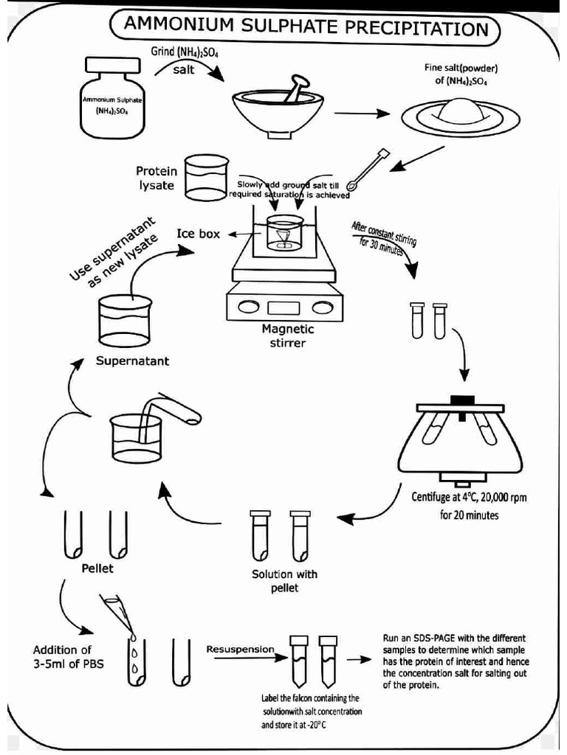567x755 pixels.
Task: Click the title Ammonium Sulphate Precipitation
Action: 305,29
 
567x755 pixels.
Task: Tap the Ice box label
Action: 198,234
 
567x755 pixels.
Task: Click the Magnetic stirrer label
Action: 287,336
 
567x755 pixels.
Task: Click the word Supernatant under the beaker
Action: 132,361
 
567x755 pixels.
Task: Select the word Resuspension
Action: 240,650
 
